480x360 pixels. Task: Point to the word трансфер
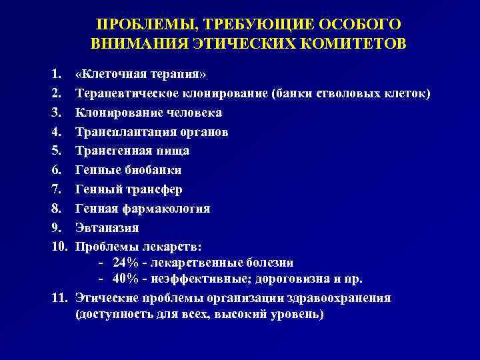[x=155, y=189]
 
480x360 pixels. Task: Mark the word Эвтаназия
[x=107, y=227]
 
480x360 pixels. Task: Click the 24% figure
[x=127, y=262]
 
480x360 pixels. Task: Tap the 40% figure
[x=127, y=279]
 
